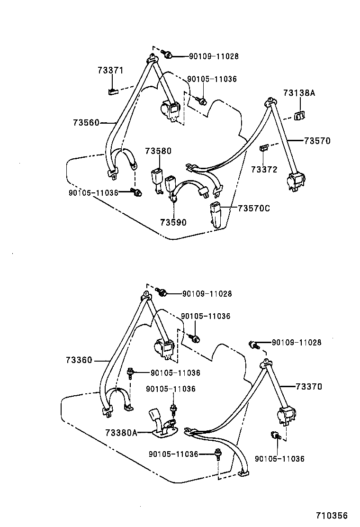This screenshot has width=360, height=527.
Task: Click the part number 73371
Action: click(x=110, y=71)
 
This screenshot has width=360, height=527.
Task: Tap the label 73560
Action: click(x=86, y=123)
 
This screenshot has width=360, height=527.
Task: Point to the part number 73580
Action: click(x=158, y=151)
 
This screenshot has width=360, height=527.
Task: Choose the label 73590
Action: click(x=173, y=222)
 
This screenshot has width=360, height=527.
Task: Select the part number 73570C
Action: click(x=253, y=208)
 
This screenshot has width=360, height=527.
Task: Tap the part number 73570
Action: click(x=317, y=141)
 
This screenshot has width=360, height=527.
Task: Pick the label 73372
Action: click(x=264, y=169)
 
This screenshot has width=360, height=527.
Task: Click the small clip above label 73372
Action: click(x=264, y=148)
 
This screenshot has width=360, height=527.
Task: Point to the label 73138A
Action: click(x=299, y=93)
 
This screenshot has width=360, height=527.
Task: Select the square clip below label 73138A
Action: click(x=299, y=115)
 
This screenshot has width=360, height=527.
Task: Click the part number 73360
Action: click(x=79, y=361)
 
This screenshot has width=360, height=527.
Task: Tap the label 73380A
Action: click(x=121, y=432)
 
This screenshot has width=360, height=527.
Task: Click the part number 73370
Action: click(x=308, y=387)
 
